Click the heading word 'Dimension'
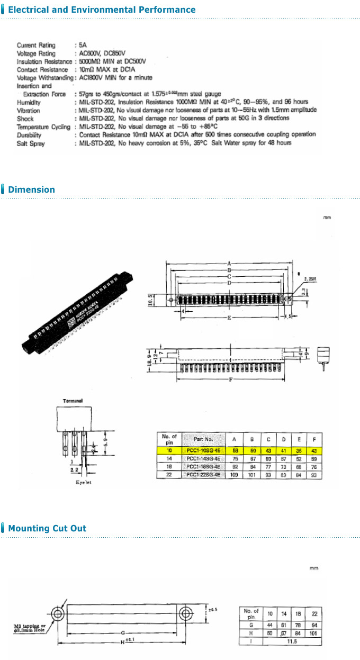point(31,189)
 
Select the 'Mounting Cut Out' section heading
point(47,528)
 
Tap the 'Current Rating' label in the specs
point(36,46)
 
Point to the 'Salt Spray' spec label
point(31,143)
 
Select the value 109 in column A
point(235,475)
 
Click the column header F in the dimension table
point(314,439)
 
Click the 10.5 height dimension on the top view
point(150,300)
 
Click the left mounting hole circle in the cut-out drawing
point(57,613)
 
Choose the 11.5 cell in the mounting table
point(292,641)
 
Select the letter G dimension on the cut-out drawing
point(123,632)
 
